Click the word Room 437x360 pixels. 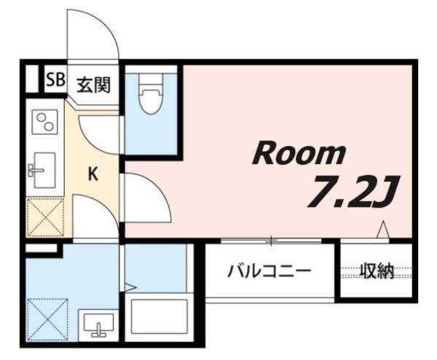click(x=298, y=153)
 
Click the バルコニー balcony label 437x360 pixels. click(x=269, y=272)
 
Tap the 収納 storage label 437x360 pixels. click(x=377, y=272)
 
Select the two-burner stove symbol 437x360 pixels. click(x=46, y=122)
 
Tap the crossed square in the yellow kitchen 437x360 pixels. click(x=45, y=216)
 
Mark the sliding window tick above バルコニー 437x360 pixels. click(x=271, y=240)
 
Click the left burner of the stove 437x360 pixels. click(x=41, y=118)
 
